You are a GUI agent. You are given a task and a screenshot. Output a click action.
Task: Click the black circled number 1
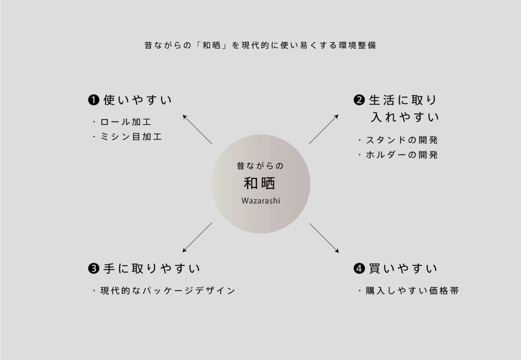tap(94, 100)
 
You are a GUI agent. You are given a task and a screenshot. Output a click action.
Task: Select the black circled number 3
tap(94, 269)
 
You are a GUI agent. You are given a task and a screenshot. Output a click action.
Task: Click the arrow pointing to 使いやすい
tap(197, 129)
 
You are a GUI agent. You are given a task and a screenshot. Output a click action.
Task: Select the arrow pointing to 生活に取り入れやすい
tap(324, 129)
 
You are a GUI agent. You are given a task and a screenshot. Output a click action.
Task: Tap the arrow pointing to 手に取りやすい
tap(197, 238)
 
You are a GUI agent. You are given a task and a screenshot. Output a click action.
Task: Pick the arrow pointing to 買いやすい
tap(324, 238)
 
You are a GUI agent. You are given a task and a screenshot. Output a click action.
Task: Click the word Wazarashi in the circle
tap(260, 201)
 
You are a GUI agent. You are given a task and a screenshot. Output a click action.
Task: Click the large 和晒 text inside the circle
tap(260, 183)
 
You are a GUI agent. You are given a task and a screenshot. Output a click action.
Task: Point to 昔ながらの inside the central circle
tap(260, 166)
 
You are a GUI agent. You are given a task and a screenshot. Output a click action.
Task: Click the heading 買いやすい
tap(402, 269)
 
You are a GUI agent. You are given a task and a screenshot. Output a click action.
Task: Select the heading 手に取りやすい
tap(152, 269)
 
